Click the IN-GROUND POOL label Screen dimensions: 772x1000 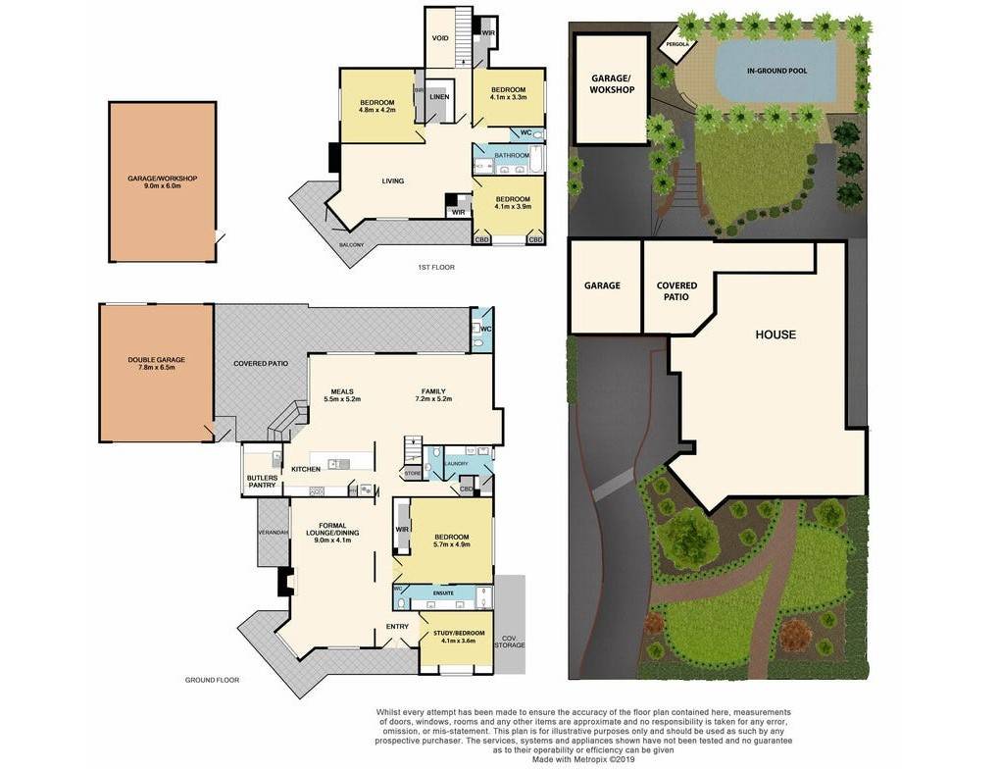pos(775,71)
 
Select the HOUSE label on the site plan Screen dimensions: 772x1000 pos(775,335)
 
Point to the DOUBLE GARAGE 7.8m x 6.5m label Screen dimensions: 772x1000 pos(156,363)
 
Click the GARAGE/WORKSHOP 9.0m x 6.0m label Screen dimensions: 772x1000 pos(163,181)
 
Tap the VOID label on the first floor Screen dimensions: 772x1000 pos(440,38)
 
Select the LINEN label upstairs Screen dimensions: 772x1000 pos(439,97)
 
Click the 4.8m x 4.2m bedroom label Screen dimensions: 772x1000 pos(376,107)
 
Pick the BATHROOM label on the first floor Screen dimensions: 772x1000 pos(512,156)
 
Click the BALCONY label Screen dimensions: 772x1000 pos(351,244)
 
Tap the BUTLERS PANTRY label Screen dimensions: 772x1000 pos(262,482)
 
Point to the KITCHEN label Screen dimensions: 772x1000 pos(306,470)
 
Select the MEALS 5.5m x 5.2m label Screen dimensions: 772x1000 pos(342,395)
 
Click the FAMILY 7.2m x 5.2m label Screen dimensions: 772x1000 pos(433,395)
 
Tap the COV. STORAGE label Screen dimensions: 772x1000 pos(510,641)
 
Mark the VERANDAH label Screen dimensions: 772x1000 pos(274,532)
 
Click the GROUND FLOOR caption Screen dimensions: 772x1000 pos(212,680)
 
